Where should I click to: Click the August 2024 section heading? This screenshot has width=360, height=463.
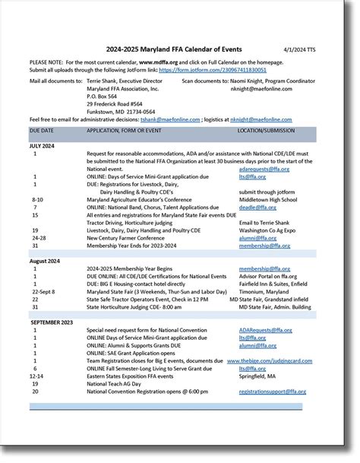tap(46, 261)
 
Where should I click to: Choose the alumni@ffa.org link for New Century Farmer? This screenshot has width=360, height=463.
tap(257, 238)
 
